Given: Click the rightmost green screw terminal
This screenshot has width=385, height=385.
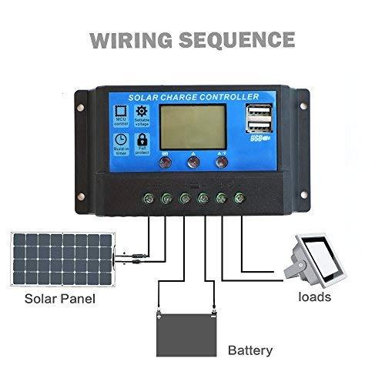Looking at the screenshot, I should pos(240,199).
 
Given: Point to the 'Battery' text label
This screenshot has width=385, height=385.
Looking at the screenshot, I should pos(249,350).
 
